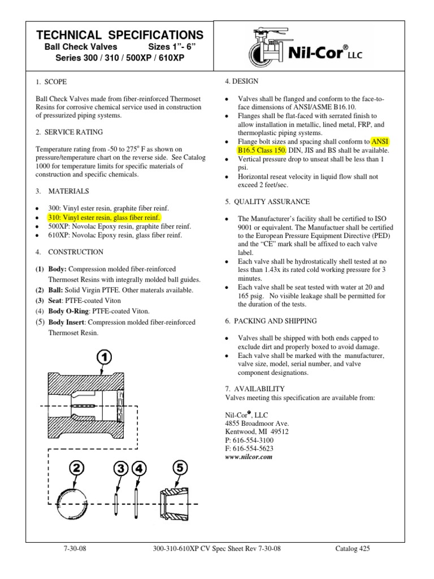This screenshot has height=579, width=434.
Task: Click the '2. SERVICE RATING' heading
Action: coord(69,132)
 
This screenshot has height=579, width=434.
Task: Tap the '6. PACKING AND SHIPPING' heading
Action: coord(271,321)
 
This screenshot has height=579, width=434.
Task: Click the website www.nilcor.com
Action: coord(249,457)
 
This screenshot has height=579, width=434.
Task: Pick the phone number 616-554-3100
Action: coord(249,439)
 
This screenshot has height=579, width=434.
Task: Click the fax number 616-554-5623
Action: coord(249,448)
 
